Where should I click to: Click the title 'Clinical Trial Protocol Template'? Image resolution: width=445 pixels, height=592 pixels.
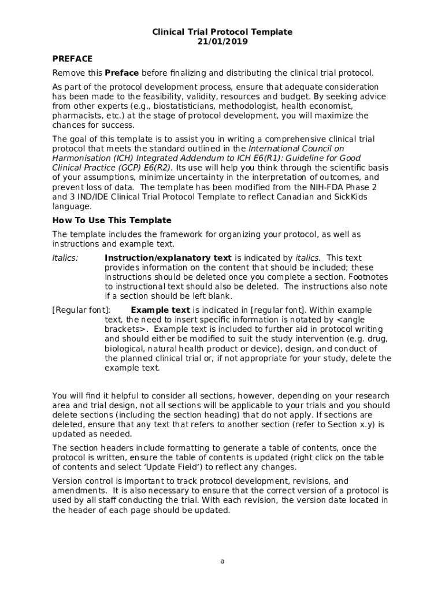[222, 32]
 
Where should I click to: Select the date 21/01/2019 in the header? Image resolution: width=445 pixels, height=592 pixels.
[222, 42]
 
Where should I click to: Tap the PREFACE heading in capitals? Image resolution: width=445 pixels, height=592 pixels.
[72, 58]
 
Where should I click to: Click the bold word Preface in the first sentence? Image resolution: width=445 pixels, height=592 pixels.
[121, 73]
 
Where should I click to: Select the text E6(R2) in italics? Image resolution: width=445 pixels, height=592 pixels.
[155, 168]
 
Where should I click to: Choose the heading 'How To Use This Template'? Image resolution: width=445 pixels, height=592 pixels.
[112, 220]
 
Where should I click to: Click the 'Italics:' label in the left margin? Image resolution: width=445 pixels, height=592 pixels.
[65, 258]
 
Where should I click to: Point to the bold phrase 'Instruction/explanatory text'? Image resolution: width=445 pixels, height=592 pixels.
[168, 258]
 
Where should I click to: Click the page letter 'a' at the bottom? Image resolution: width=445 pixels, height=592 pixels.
[222, 561]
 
